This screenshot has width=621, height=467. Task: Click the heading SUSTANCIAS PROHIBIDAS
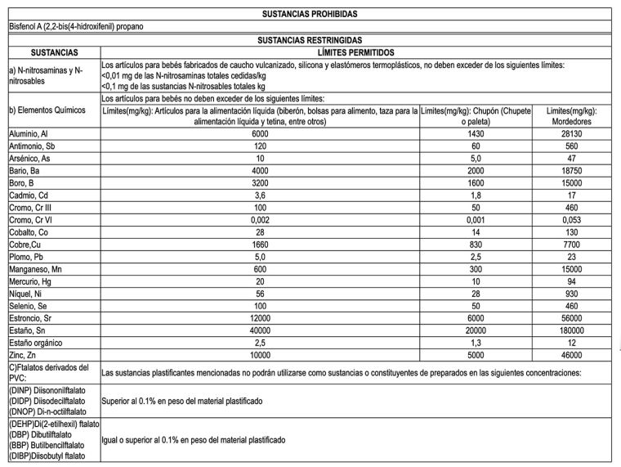(x=310, y=14)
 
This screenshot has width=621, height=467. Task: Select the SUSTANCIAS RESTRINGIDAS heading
(x=310, y=39)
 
